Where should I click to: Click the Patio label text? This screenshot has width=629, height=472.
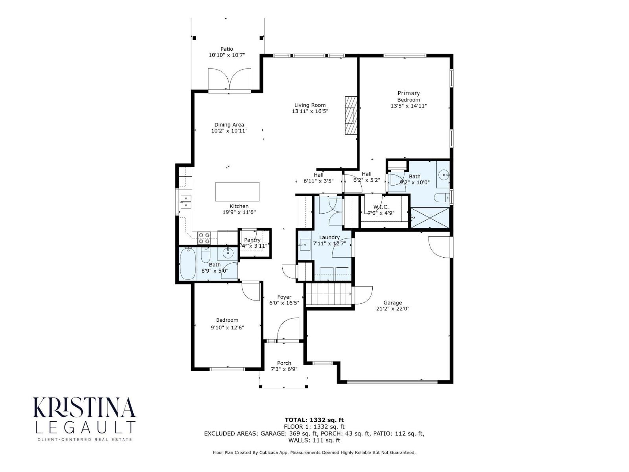(226, 49)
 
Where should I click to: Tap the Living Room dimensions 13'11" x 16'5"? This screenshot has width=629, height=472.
(310, 112)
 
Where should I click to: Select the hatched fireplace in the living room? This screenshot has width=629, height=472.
(350, 116)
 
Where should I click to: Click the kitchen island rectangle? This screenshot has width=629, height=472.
(237, 192)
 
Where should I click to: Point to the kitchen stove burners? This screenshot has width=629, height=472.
(204, 238)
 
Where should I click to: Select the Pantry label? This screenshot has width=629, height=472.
(252, 240)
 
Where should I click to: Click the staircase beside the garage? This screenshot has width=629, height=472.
(328, 295)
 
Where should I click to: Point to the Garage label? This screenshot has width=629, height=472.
(392, 302)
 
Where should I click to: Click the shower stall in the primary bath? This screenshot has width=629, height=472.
(429, 218)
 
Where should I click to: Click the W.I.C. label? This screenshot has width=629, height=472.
(381, 207)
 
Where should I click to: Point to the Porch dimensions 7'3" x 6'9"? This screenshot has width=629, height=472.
(284, 369)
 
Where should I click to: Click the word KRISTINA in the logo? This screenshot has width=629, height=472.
(85, 407)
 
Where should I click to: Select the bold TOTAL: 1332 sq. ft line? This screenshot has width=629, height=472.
(314, 420)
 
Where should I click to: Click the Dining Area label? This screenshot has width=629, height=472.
(229, 125)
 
